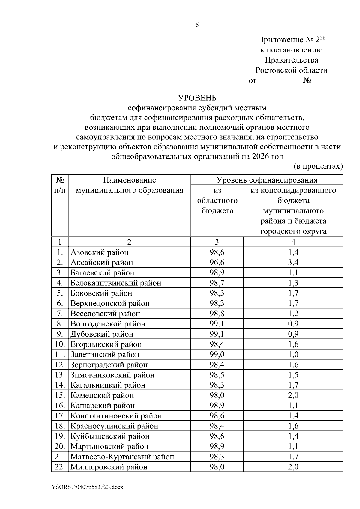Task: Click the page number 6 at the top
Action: pyautogui.click(x=197, y=25)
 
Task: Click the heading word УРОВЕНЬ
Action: pyautogui.click(x=197, y=98)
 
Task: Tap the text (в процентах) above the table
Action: pyautogui.click(x=318, y=166)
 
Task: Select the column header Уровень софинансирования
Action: pyautogui.click(x=267, y=180)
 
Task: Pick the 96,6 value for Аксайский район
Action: pyautogui.click(x=217, y=263)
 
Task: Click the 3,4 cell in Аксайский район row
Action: pyautogui.click(x=293, y=263)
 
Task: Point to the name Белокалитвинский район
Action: pyautogui.click(x=116, y=283)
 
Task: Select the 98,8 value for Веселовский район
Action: pyautogui.click(x=217, y=314)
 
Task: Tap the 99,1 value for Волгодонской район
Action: pyautogui.click(x=217, y=324)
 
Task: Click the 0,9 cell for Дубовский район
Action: pyautogui.click(x=293, y=334)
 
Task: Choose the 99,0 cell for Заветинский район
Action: pyautogui.click(x=217, y=354)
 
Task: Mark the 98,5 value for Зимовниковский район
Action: pyautogui.click(x=217, y=375)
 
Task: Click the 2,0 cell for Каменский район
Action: pyautogui.click(x=293, y=395)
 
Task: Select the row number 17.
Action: pyautogui.click(x=60, y=416)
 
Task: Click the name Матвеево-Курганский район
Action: pyautogui.click(x=122, y=457)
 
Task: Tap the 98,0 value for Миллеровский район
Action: pyautogui.click(x=217, y=467)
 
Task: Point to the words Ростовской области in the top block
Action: pyautogui.click(x=291, y=70)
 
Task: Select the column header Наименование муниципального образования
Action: pyautogui.click(x=130, y=185)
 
